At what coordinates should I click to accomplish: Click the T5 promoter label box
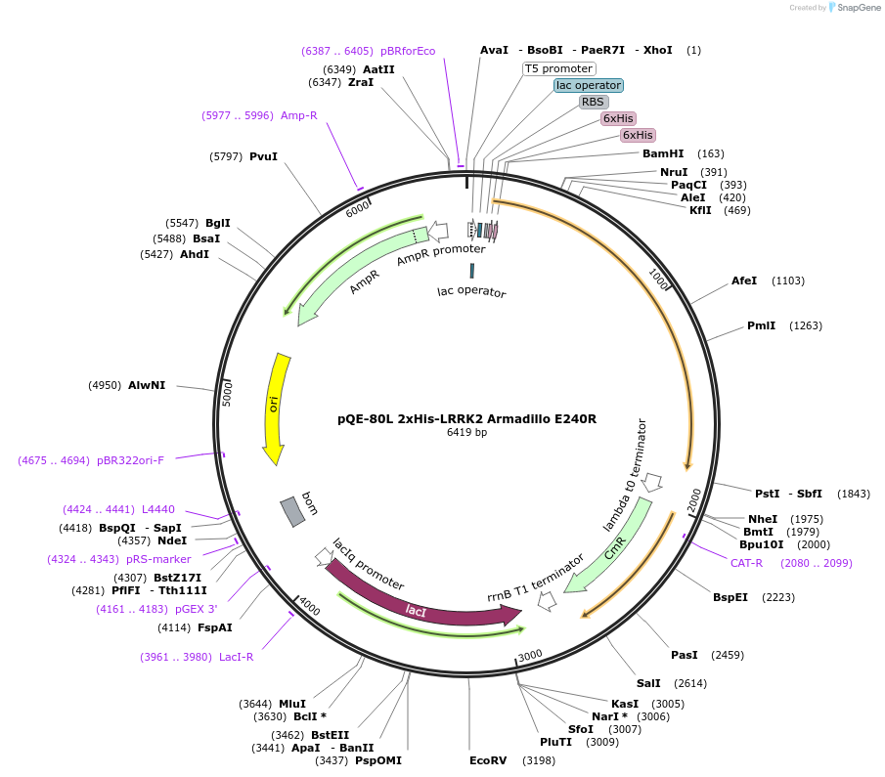click(x=559, y=68)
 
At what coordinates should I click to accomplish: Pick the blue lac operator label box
click(x=588, y=85)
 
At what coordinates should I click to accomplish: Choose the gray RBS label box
click(x=593, y=102)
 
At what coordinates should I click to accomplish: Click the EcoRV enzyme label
click(x=488, y=759)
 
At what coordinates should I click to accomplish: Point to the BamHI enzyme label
click(x=663, y=153)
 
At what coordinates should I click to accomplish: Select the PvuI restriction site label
click(x=263, y=156)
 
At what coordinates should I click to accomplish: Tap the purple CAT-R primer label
click(x=746, y=563)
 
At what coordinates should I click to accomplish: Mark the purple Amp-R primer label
click(x=298, y=115)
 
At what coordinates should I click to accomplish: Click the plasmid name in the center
click(x=466, y=418)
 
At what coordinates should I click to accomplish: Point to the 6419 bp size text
click(x=466, y=432)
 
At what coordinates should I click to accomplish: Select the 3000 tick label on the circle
click(x=530, y=655)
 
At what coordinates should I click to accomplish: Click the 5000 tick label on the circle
click(x=227, y=394)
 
